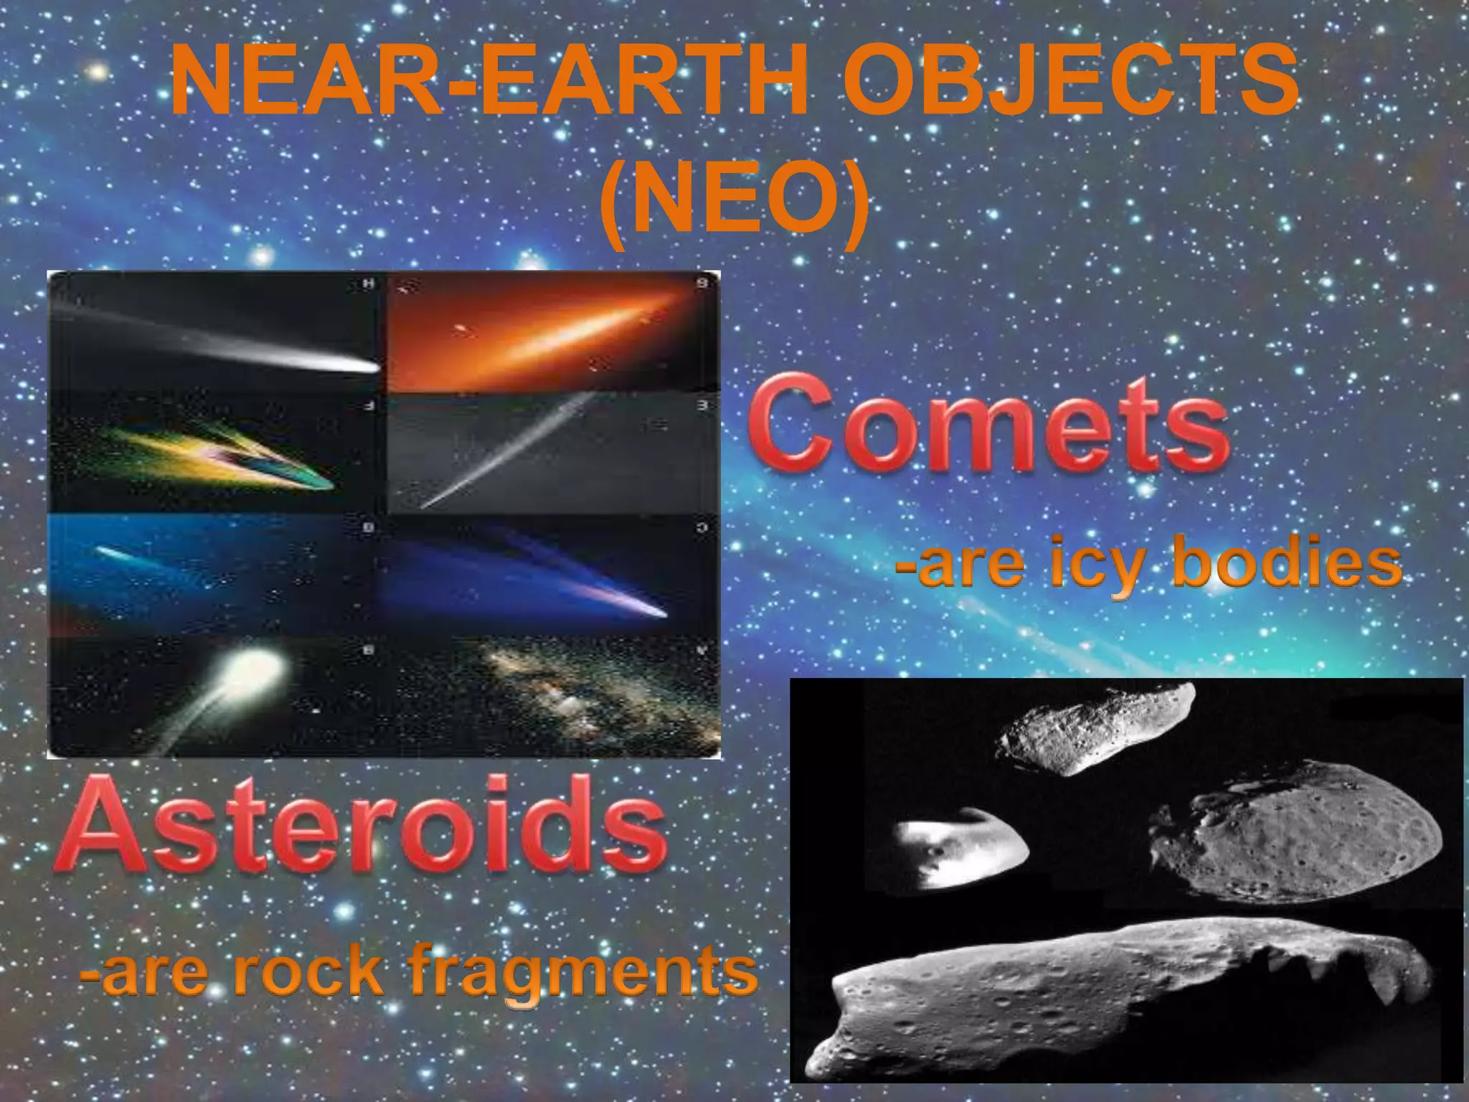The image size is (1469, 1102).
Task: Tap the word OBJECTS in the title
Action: (x=1069, y=83)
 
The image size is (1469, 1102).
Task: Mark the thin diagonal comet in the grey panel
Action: (x=502, y=452)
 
